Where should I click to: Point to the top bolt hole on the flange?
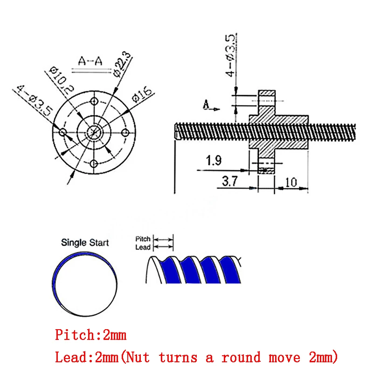(x=94, y=101)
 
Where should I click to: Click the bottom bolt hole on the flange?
(x=94, y=163)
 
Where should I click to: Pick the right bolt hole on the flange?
(x=125, y=132)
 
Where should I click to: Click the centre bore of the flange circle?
(x=95, y=132)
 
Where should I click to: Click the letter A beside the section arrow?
(x=206, y=105)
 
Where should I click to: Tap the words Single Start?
(x=85, y=242)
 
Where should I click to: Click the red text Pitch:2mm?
(x=91, y=335)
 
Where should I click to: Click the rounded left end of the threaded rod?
(x=177, y=130)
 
